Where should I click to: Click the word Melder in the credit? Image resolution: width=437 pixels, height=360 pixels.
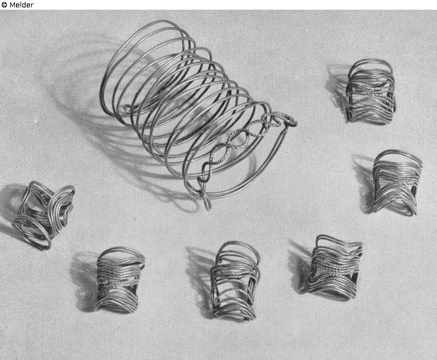pyautogui.click(x=22, y=5)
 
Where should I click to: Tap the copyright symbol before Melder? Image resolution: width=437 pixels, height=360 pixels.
pyautogui.click(x=4, y=5)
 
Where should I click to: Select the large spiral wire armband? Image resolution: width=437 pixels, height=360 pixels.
pyautogui.click(x=195, y=112)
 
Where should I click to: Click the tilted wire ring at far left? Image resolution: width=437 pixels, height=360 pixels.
pyautogui.click(x=44, y=215)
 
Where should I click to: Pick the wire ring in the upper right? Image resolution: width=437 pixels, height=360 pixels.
pyautogui.click(x=370, y=92)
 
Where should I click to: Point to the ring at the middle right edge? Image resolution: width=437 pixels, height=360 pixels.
pyautogui.click(x=396, y=183)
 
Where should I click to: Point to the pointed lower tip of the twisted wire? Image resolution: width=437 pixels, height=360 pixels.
pyautogui.click(x=207, y=207)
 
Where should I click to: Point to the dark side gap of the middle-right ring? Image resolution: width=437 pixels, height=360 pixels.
pyautogui.click(x=413, y=193)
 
